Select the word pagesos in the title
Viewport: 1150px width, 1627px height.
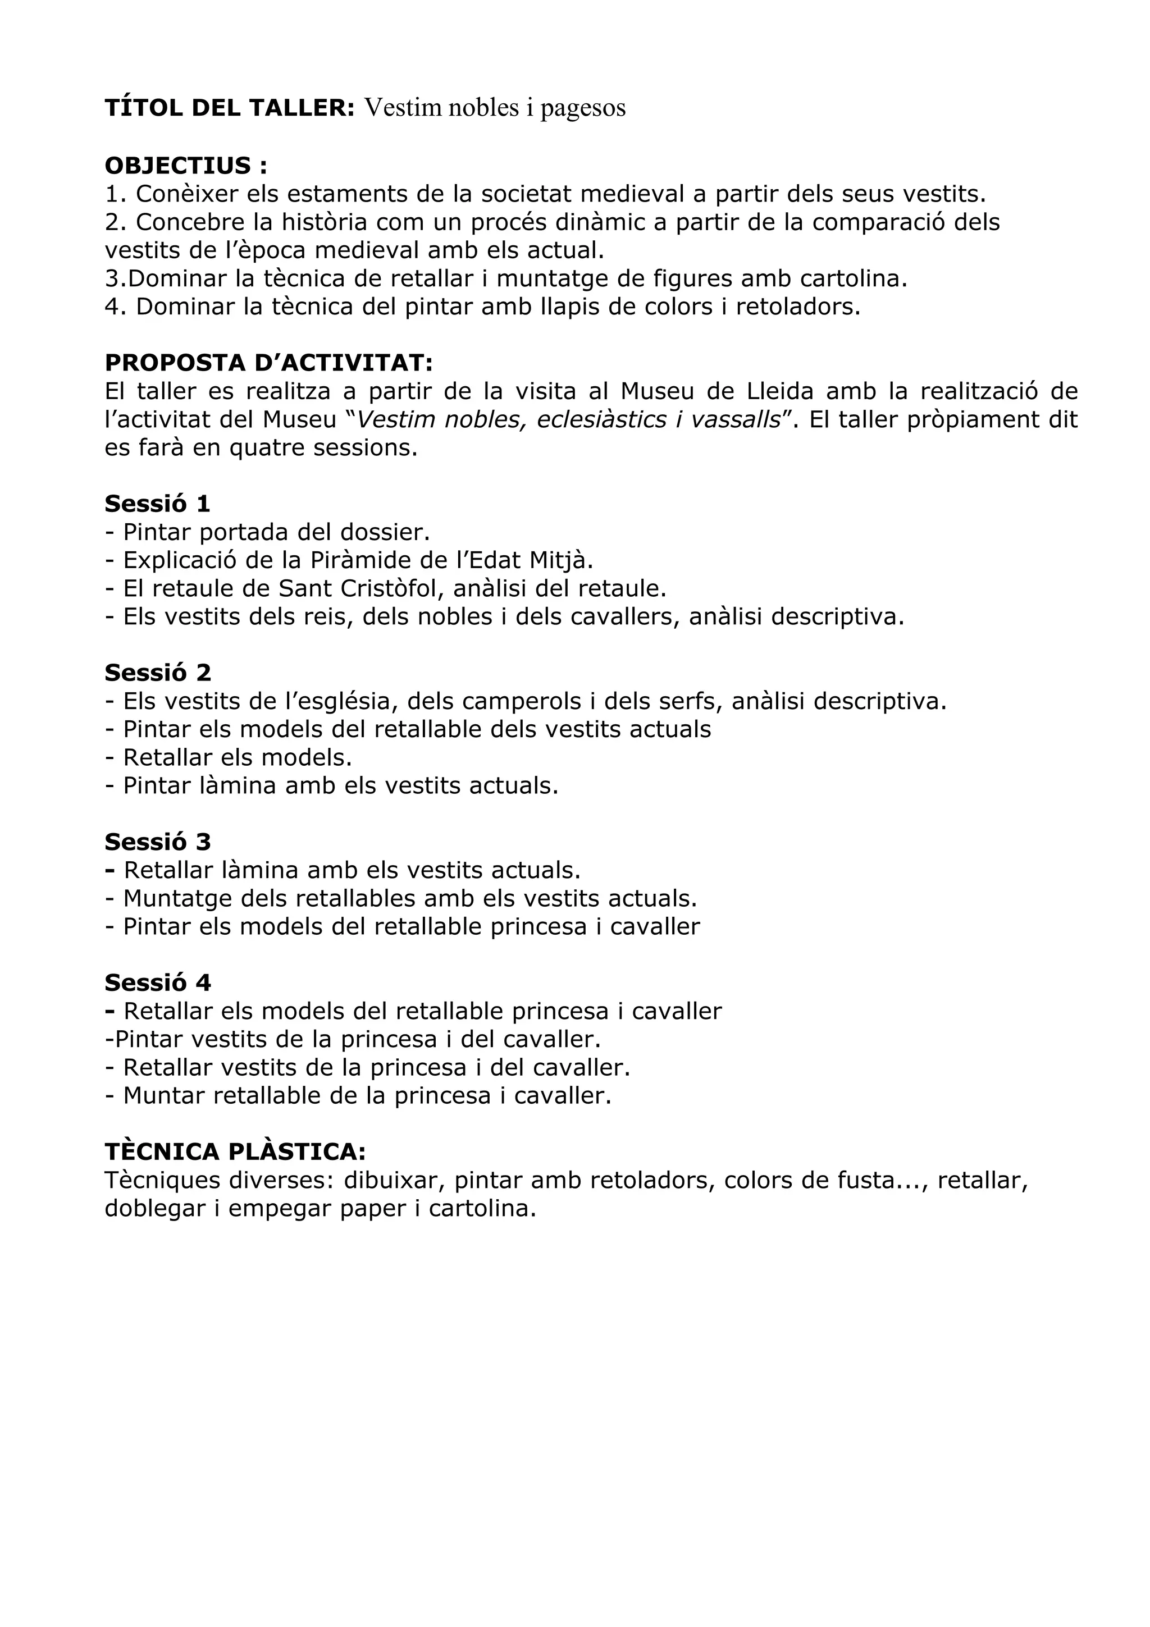pyautogui.click(x=583, y=108)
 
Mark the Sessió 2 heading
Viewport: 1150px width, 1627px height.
pyautogui.click(x=157, y=673)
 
